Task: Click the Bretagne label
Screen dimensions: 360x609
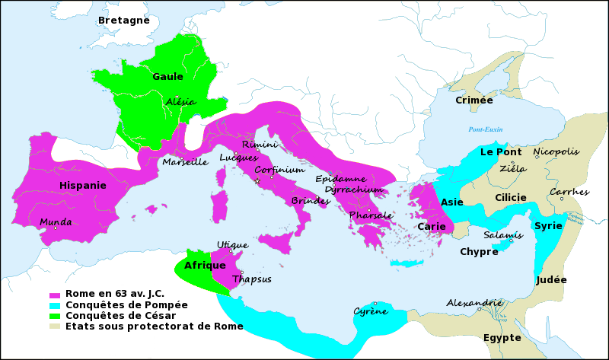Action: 123,20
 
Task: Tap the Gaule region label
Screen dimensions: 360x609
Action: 167,76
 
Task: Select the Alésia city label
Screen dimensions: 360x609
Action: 180,101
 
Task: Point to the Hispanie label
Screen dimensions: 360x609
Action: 83,184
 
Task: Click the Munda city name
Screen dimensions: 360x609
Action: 56,222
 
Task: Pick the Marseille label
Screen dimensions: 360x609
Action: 185,161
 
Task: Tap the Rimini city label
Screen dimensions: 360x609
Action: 260,144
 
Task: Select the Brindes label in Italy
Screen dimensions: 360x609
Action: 310,201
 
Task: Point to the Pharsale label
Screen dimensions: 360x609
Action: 371,215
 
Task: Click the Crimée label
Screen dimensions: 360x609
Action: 473,100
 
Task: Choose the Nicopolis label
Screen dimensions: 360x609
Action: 556,151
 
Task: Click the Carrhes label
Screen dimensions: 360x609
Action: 569,192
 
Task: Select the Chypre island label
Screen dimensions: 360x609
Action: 479,251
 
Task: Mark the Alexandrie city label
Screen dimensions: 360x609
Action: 473,302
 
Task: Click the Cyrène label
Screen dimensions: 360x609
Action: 370,311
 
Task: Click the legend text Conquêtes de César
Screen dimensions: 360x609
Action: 121,315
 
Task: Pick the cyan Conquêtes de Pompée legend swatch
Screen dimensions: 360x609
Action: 54,305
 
